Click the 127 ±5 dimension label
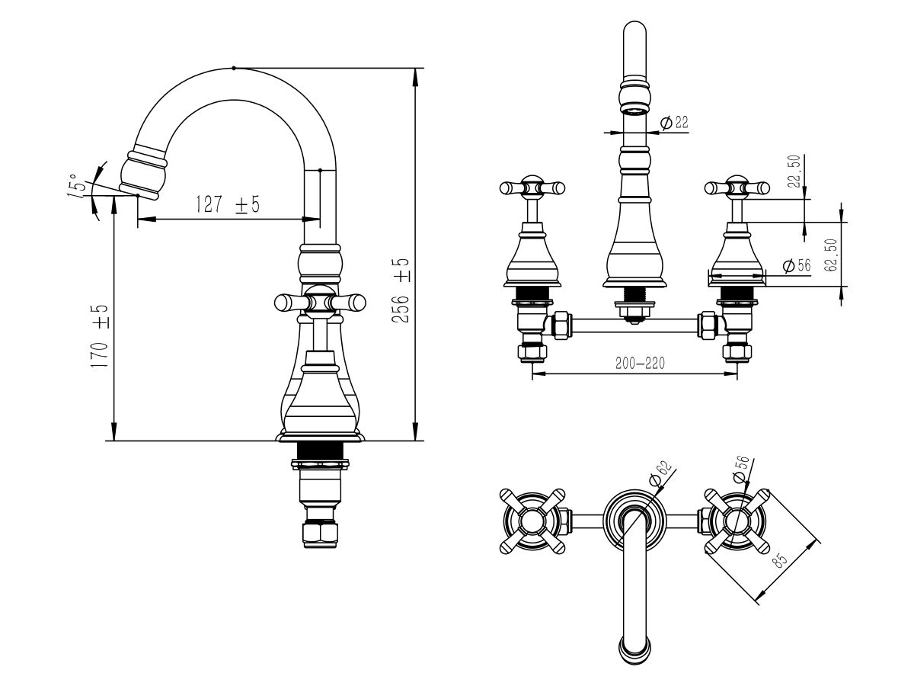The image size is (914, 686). tap(227, 204)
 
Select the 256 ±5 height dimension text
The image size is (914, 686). tap(400, 290)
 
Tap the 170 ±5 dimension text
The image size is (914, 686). tap(99, 335)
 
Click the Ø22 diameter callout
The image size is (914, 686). tap(674, 123)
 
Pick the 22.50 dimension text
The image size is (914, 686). tap(794, 171)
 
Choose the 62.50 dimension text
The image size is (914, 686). tap(830, 255)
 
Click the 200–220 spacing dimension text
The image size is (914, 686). tap(640, 364)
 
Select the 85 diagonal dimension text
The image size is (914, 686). tap(780, 559)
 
